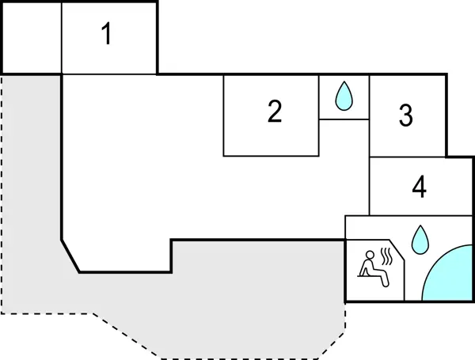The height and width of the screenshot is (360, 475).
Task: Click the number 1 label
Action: [x=107, y=35]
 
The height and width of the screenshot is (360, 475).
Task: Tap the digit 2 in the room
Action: [x=275, y=112]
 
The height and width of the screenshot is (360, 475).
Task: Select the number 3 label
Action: [x=405, y=116]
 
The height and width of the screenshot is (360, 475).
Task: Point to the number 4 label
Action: [x=420, y=188]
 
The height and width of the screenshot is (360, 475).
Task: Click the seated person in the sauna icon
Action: [x=370, y=264]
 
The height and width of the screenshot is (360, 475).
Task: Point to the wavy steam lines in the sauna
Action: [x=387, y=256]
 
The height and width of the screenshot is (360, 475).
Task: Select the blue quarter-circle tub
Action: [x=451, y=278]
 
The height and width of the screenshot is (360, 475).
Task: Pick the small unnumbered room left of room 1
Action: [x=31, y=37]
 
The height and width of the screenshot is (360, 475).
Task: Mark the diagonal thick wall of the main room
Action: [x=70, y=255]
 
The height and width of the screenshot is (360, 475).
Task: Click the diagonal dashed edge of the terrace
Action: [x=123, y=333]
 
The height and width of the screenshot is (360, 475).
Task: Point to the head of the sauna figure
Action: [x=368, y=254]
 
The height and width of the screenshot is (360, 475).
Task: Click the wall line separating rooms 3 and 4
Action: [x=408, y=157]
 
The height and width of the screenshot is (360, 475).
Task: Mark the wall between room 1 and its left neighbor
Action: [x=62, y=37]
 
